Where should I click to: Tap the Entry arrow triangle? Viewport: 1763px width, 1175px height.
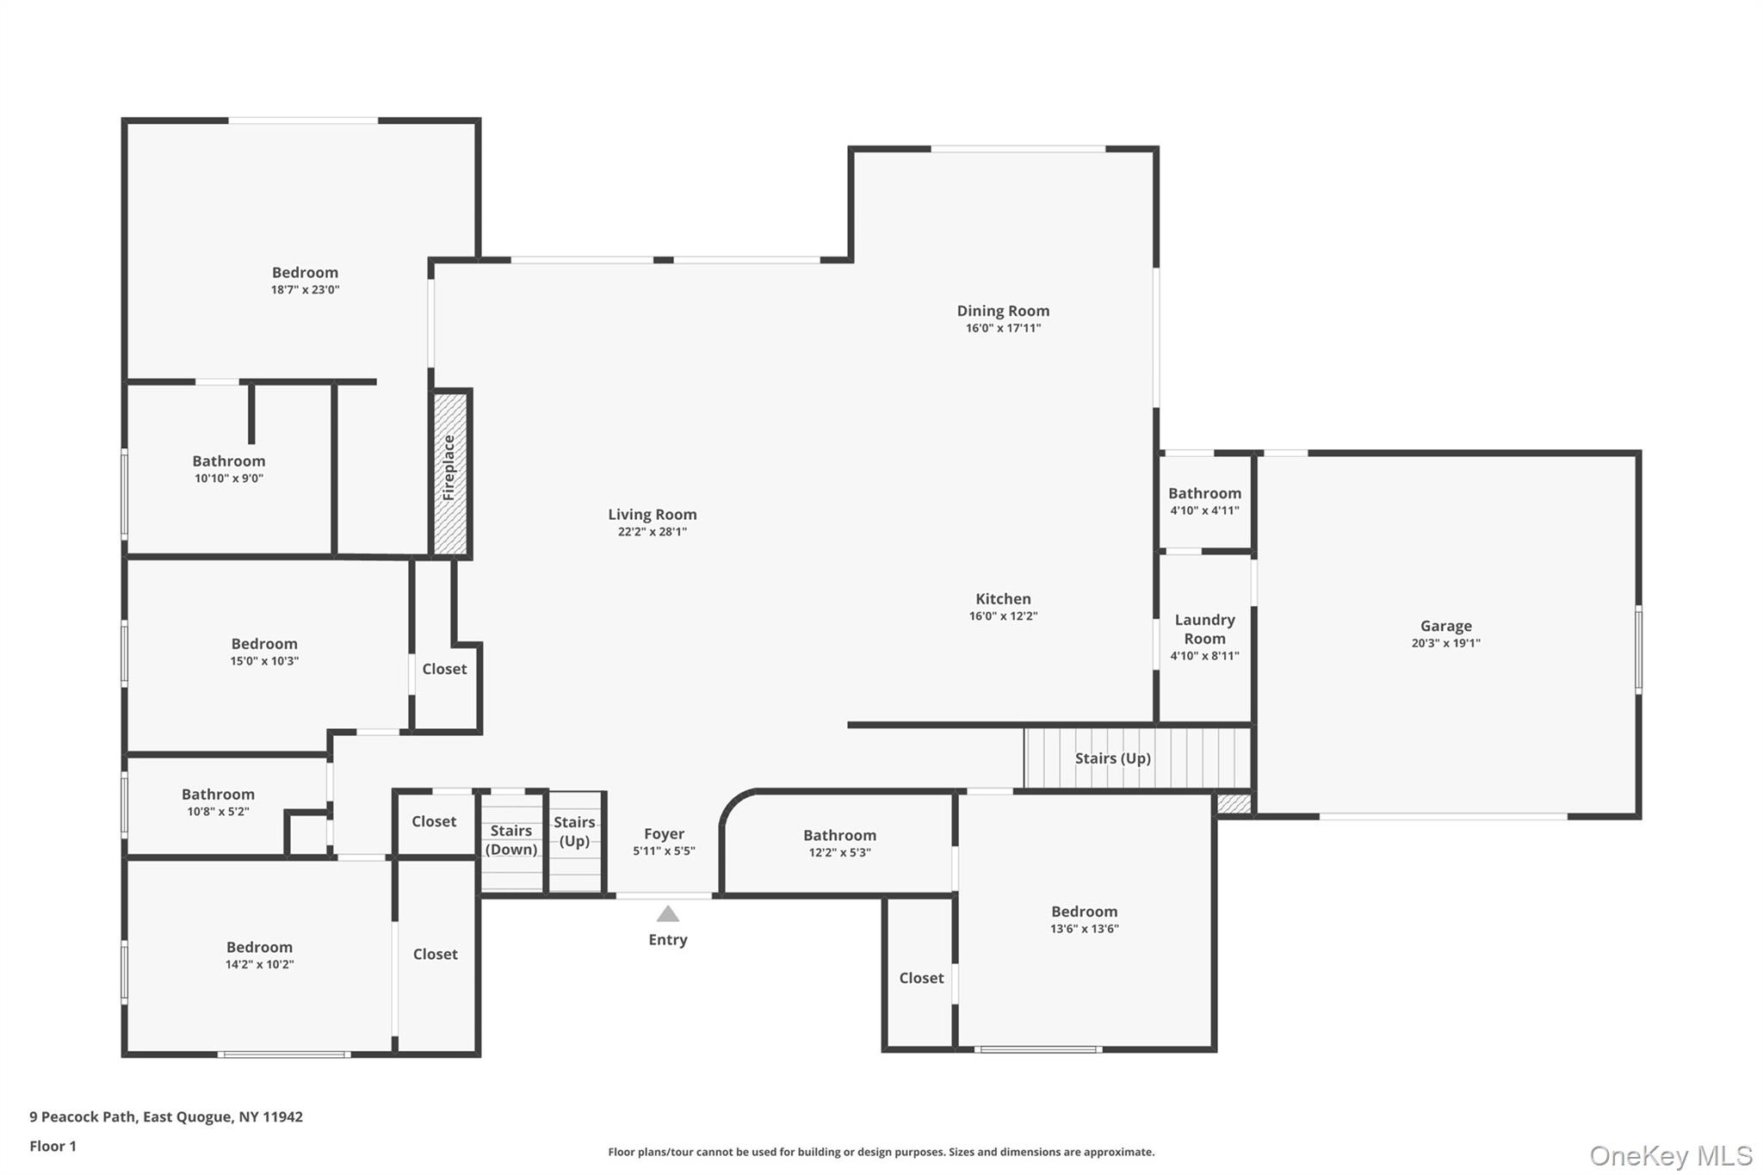[668, 914]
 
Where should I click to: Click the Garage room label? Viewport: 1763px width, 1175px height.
[1445, 626]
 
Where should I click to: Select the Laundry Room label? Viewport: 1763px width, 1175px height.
[1204, 629]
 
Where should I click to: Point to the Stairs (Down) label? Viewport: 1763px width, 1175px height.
[511, 839]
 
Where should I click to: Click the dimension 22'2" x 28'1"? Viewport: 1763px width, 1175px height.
[652, 532]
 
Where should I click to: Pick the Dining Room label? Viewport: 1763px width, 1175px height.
[1003, 311]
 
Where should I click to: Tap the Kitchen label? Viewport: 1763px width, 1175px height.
[1003, 598]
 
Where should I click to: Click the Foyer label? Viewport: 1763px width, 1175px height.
[664, 833]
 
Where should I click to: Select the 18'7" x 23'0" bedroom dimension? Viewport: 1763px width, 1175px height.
[305, 290]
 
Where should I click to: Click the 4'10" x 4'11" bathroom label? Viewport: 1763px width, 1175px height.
[1204, 493]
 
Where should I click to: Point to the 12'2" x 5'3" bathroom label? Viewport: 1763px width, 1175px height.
[839, 835]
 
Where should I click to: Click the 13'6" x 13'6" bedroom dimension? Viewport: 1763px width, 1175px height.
[1084, 929]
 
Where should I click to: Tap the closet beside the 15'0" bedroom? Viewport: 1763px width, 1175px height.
[444, 669]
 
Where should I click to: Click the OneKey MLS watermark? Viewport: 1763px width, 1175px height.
[1670, 1155]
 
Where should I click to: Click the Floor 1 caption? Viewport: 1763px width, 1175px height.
[53, 1146]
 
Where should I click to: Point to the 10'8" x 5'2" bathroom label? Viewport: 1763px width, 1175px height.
[218, 795]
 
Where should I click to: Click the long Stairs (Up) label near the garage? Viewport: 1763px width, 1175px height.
[1112, 758]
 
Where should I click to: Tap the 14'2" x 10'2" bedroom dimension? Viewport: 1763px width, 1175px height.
[259, 965]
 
